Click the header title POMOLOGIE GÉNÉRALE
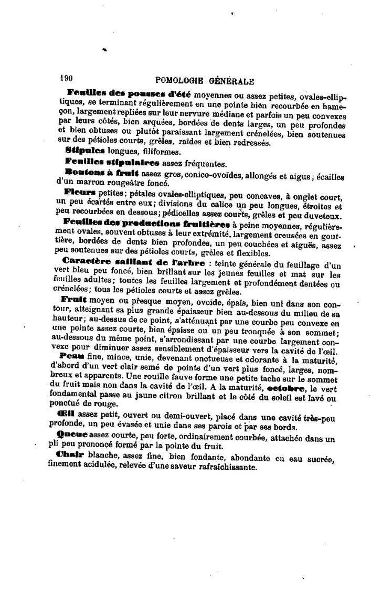[x=205, y=81]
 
